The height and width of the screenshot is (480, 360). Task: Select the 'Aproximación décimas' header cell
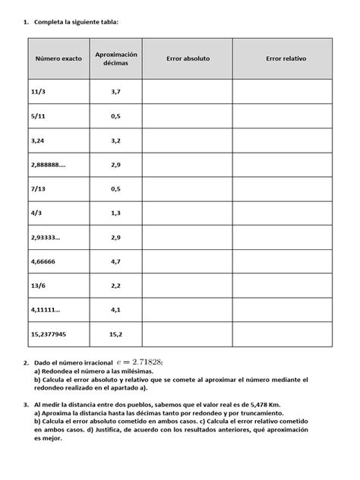pyautogui.click(x=115, y=58)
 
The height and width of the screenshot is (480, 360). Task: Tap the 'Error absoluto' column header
pyautogui.click(x=187, y=58)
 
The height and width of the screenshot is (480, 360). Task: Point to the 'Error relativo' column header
pyautogui.click(x=286, y=58)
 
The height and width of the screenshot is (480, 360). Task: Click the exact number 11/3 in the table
pyautogui.click(x=38, y=91)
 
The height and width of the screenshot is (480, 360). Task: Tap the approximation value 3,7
pyautogui.click(x=115, y=91)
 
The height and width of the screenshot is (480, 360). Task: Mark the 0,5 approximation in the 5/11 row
pyautogui.click(x=115, y=115)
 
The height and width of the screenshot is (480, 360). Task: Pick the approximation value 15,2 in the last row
pyautogui.click(x=115, y=333)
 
